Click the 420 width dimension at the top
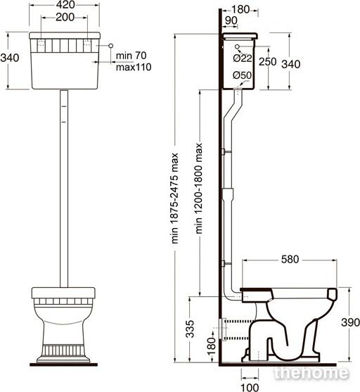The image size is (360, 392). pos(65,5)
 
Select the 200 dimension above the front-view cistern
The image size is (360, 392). pos(65,18)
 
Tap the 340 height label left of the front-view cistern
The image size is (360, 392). pos(10,58)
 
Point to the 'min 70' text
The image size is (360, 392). pos(131,56)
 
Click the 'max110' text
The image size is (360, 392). pos(134,67)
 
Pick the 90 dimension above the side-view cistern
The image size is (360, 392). pos(231,20)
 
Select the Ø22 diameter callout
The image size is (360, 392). pos(243,58)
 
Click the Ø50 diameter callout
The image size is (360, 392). pos(242,75)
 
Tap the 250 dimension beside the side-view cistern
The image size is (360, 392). pos(267,61)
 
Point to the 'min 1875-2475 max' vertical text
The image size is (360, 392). pos(174,198)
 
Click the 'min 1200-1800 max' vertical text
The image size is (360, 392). pos(199,189)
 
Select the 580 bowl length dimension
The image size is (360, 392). pos(290,259)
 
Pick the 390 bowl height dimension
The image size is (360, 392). pos(350,322)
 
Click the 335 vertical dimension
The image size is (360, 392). pos(190,329)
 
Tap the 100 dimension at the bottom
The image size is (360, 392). pos(250,388)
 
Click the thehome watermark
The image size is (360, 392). pos(311,374)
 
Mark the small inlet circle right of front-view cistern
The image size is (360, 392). pos(111,46)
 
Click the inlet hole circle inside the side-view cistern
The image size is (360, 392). pos(238,46)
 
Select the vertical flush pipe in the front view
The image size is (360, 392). pos(64,189)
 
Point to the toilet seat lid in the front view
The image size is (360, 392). pos(63,293)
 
